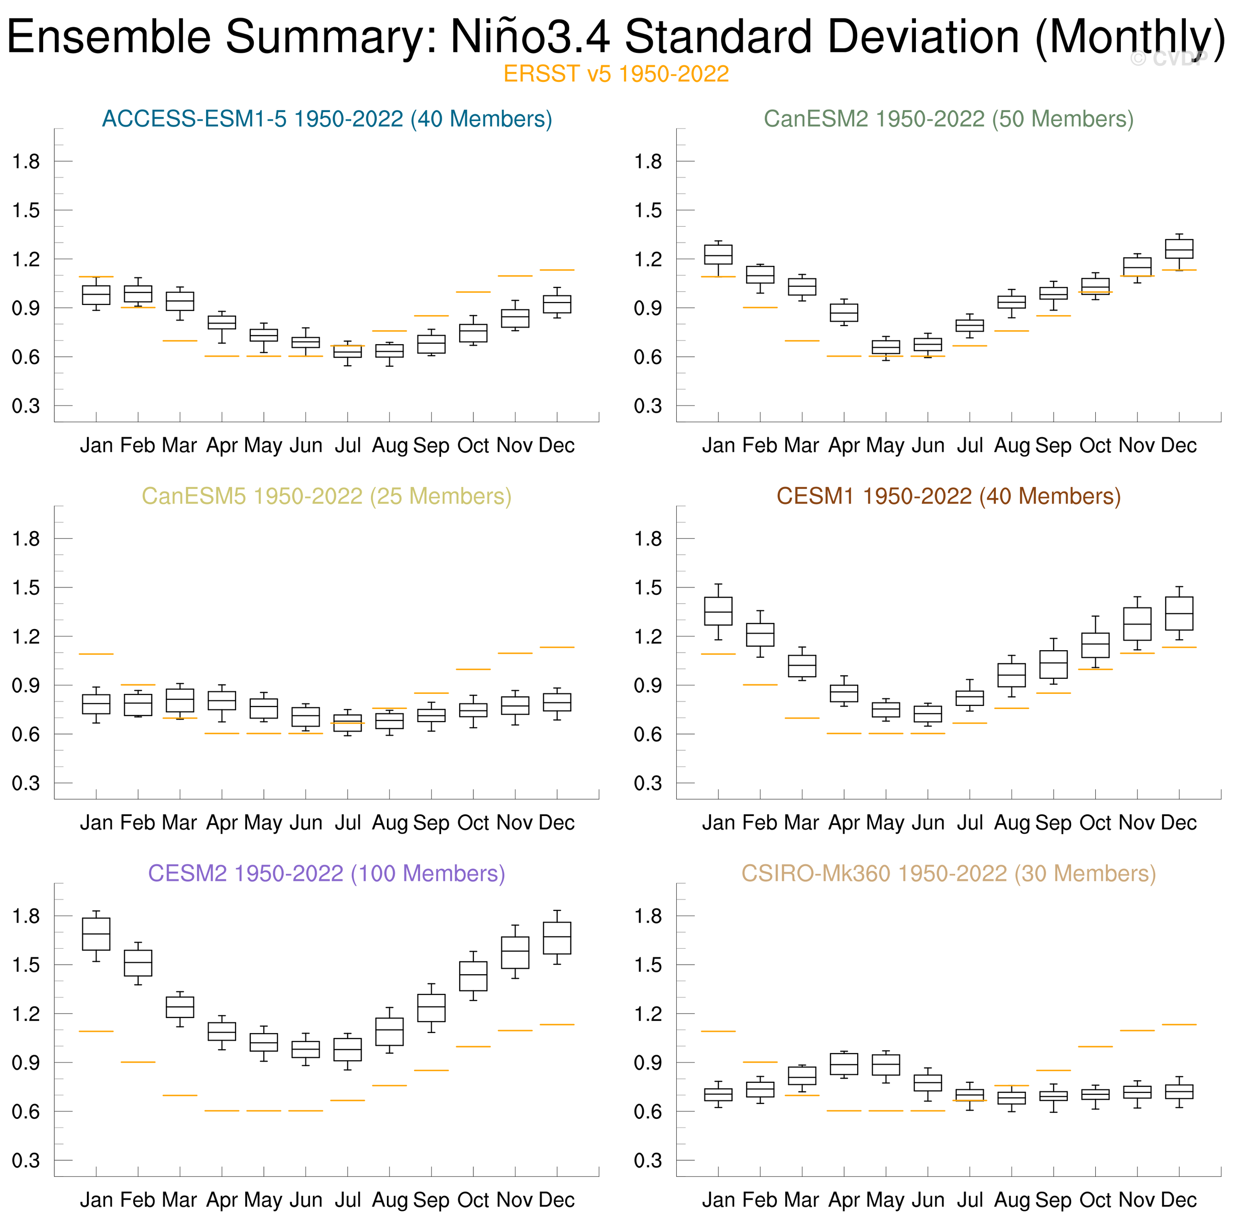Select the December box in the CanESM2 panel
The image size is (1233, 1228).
[1179, 249]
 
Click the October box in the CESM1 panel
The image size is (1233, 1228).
[1095, 645]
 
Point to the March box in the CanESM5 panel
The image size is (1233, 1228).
[180, 700]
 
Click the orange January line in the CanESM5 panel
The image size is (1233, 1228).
[96, 654]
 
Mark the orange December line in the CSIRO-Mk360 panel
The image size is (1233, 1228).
[1179, 1025]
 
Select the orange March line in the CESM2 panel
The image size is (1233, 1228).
[180, 1095]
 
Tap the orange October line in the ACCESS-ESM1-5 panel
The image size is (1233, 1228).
[473, 292]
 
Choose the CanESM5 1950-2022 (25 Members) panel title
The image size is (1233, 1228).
[326, 496]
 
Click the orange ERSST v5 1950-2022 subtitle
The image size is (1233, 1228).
[616, 74]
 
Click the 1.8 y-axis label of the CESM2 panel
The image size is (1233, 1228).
[26, 916]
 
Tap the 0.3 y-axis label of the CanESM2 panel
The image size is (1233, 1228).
[648, 406]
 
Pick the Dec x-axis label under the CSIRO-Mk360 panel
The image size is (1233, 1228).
[1179, 1199]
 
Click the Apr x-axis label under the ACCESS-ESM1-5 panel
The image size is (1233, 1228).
[222, 446]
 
